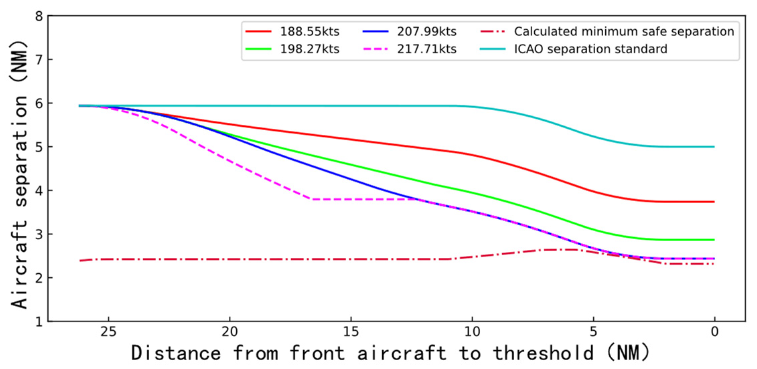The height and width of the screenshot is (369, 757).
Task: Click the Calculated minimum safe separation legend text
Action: click(624, 32)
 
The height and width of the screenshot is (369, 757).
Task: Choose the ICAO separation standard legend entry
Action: click(590, 49)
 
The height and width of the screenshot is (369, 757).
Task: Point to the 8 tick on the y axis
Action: click(39, 16)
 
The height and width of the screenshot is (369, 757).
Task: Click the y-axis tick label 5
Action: click(39, 147)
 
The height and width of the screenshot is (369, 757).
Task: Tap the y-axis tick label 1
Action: click(39, 322)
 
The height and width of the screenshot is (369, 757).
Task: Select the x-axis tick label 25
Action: click(108, 332)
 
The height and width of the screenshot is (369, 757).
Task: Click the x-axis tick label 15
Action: click(351, 332)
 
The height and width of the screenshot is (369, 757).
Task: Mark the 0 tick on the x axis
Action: click(714, 332)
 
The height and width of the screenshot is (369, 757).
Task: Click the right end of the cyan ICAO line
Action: click(714, 147)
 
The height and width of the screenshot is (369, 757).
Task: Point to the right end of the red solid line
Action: click(714, 202)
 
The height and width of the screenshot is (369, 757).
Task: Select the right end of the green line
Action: click(714, 240)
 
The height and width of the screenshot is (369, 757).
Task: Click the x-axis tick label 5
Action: click(593, 332)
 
